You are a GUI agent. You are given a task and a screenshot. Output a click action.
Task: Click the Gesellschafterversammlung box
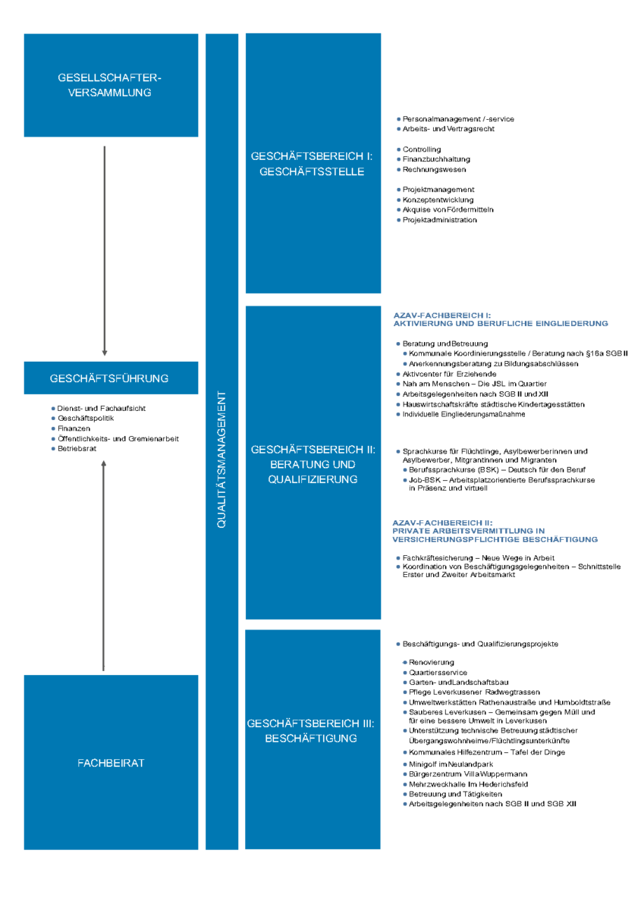[x=111, y=85]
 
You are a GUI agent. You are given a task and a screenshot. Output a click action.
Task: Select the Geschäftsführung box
[x=111, y=378]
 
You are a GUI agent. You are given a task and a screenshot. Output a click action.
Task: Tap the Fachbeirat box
[x=111, y=763]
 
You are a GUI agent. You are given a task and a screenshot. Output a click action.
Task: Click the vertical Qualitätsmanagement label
[x=221, y=460]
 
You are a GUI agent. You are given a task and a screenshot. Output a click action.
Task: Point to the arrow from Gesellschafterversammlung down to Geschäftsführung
[x=105, y=251]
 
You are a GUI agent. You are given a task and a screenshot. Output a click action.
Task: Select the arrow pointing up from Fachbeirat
[x=104, y=566]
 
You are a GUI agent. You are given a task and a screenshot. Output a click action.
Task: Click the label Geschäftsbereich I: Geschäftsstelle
[x=312, y=164]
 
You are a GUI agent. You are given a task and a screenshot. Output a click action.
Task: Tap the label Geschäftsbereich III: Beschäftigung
[x=311, y=731]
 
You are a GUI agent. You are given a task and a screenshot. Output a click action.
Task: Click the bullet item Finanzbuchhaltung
[x=434, y=159]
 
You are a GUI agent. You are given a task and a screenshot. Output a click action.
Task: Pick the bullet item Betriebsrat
[x=74, y=448]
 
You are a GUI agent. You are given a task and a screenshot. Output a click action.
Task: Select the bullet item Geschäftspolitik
[x=83, y=418]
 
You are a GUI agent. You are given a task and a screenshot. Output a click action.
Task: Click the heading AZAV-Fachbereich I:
[x=442, y=315]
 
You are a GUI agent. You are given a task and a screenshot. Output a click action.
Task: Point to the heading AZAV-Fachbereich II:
[x=442, y=522]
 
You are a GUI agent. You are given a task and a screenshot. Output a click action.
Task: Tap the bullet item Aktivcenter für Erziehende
[x=447, y=374]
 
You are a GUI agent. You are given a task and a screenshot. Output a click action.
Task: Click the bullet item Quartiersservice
[x=435, y=673]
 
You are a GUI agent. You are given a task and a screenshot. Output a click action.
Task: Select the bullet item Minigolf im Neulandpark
[x=448, y=764]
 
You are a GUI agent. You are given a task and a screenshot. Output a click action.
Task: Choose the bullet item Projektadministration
[x=437, y=220]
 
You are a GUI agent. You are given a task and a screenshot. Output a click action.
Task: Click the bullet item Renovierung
[x=429, y=662]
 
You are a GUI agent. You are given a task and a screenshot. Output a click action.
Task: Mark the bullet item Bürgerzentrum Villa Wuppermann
[x=465, y=774]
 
